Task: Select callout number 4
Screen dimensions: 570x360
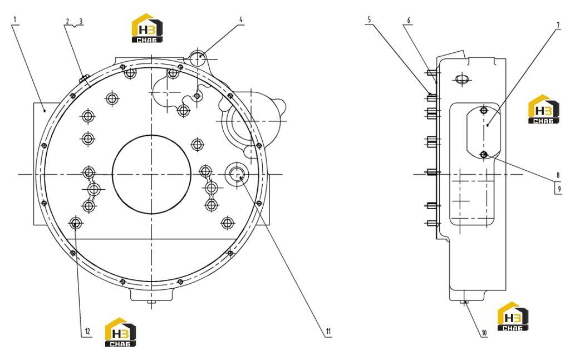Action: [x=240, y=19]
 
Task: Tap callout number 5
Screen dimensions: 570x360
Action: [x=369, y=19]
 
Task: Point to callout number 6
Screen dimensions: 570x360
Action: [x=409, y=21]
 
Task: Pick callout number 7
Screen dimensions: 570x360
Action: [x=558, y=26]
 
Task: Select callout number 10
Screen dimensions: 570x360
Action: [x=484, y=332]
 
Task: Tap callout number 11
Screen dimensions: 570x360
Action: [x=328, y=331]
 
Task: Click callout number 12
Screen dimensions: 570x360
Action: [x=87, y=331]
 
